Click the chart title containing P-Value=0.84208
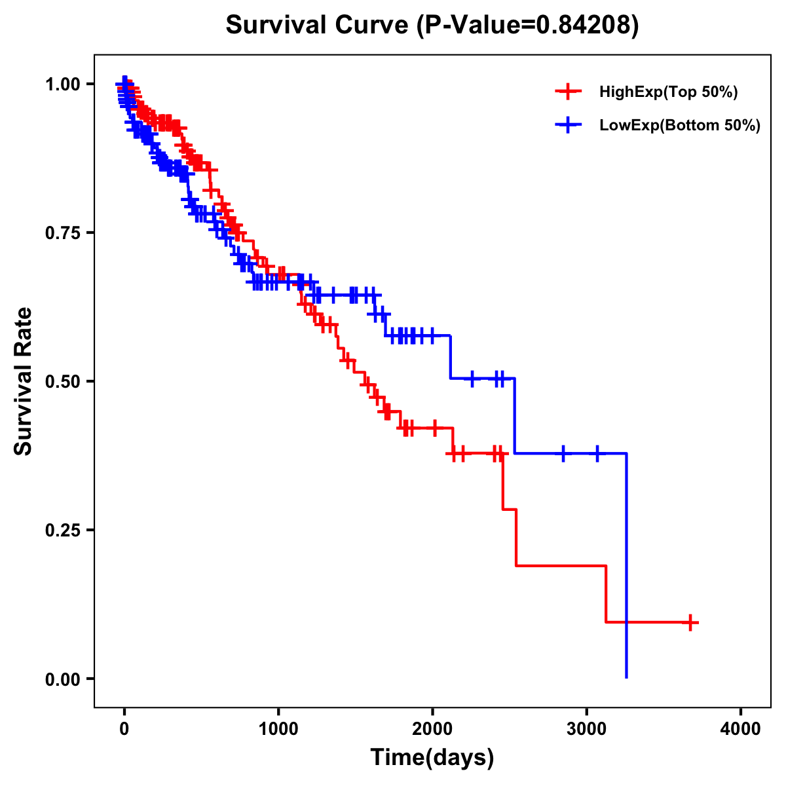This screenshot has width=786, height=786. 432,26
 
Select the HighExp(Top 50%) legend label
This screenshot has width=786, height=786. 668,92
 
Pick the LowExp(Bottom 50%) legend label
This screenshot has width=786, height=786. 680,126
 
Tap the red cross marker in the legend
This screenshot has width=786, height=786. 568,92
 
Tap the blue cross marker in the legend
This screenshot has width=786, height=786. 568,125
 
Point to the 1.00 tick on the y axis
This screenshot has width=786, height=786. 62,84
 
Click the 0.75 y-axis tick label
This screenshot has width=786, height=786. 62,233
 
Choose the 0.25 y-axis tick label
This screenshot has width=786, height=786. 62,531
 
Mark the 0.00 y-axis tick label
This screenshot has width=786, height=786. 62,679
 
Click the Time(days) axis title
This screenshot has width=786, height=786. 432,758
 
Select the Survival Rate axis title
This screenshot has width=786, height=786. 24,381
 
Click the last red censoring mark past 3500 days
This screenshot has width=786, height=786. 690,622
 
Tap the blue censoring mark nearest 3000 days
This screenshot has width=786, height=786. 597,453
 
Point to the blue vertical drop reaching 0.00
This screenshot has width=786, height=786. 627,570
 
